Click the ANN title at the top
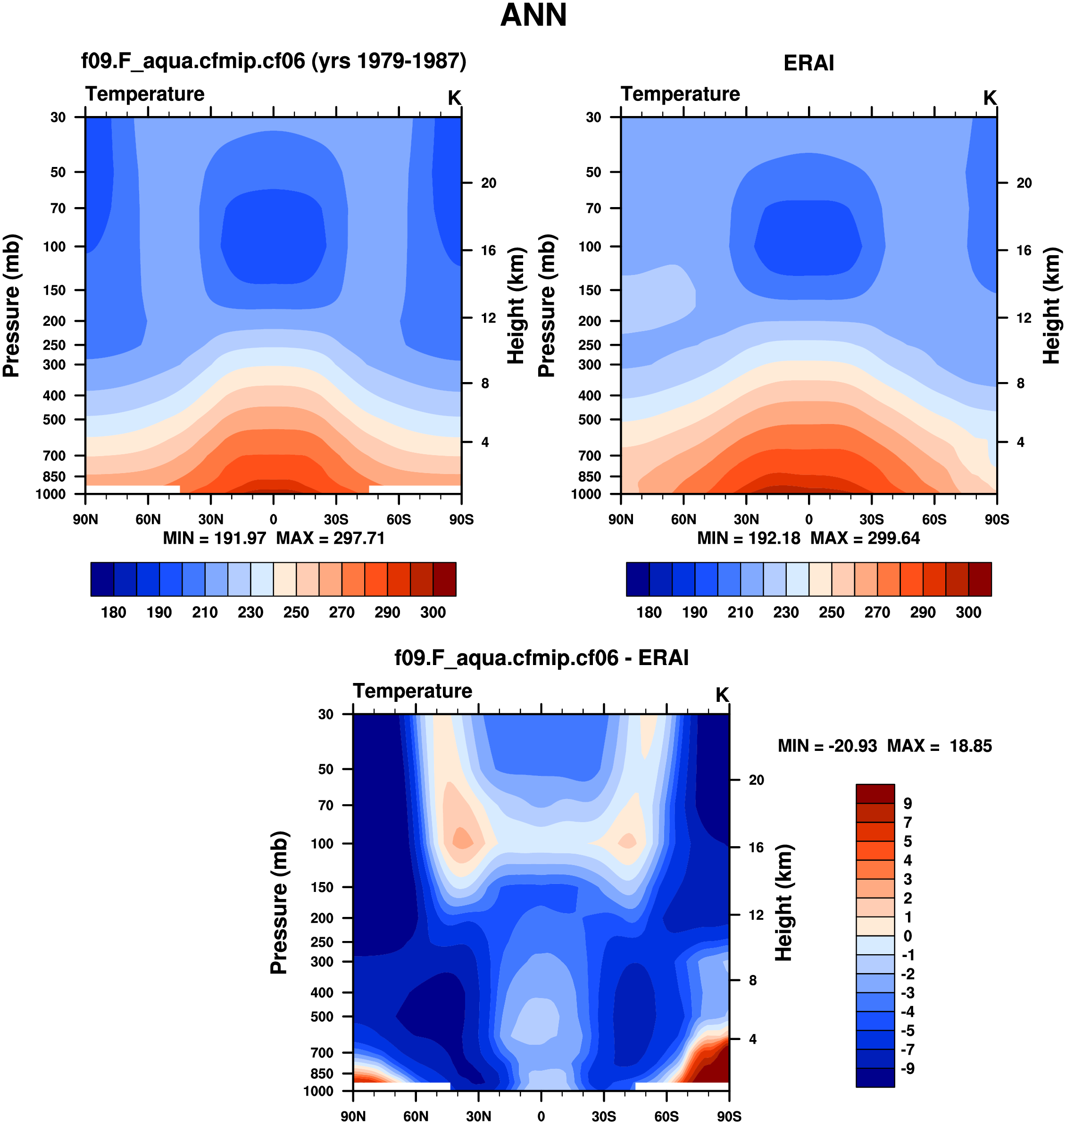coord(533,16)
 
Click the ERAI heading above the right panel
coord(808,63)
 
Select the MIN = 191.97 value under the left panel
coord(214,538)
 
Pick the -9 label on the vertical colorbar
coord(908,1068)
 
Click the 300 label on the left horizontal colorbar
coord(433,613)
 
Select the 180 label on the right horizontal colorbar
coord(649,613)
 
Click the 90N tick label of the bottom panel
coord(353,1116)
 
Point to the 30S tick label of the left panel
coord(336,519)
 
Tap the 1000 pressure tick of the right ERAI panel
coord(586,494)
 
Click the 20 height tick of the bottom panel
coord(756,780)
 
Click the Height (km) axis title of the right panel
coord(1052,306)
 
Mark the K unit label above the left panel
coord(454,98)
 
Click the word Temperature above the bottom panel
coord(413,691)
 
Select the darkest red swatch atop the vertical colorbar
coord(875,793)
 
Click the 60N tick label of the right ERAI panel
coord(683,519)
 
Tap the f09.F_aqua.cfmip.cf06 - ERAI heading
coord(541,658)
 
